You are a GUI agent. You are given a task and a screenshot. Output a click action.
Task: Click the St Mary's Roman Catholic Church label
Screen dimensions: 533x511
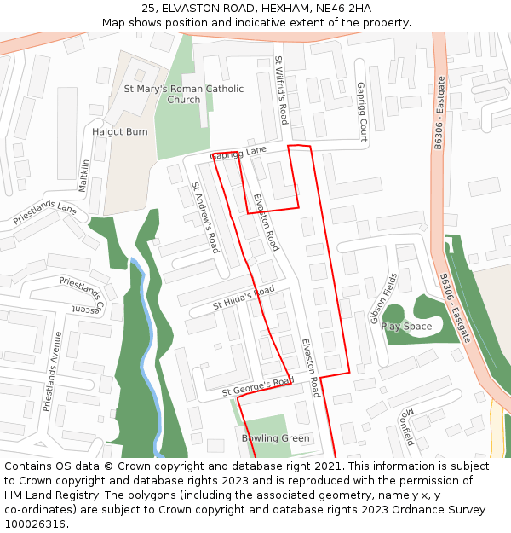click(184, 94)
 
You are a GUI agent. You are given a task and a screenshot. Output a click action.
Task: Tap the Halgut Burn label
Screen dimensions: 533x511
click(120, 132)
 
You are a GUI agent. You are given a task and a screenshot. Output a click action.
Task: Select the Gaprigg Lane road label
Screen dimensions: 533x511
click(238, 153)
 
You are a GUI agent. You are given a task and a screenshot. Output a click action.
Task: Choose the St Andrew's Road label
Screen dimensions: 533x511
click(205, 217)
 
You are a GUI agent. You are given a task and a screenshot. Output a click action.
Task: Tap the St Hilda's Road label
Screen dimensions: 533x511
click(244, 298)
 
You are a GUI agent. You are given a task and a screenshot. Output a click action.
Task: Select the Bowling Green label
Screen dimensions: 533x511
click(276, 438)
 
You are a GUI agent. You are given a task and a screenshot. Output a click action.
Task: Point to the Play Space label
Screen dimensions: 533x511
click(406, 327)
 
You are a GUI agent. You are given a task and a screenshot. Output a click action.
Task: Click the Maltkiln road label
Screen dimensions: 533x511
click(83, 175)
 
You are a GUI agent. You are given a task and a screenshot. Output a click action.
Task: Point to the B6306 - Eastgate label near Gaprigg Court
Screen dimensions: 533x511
click(439, 113)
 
